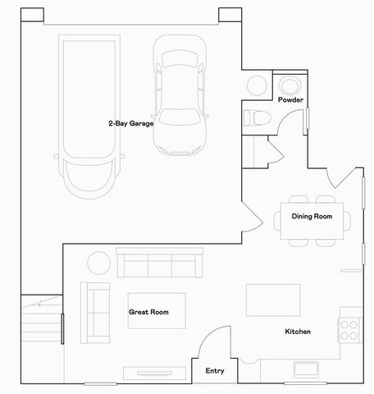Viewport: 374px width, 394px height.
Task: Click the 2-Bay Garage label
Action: [131, 123]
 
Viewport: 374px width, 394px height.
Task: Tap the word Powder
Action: [290, 99]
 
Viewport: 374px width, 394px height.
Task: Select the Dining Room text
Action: [312, 217]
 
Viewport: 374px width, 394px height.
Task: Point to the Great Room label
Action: [148, 312]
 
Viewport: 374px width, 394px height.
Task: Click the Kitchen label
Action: [296, 332]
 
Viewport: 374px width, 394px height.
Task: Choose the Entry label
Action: [214, 371]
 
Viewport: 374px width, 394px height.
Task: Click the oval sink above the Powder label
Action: [290, 85]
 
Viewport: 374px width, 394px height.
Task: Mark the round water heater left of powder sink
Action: [257, 86]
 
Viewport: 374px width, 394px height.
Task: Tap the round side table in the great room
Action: [99, 263]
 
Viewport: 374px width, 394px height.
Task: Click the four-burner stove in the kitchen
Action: [349, 329]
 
